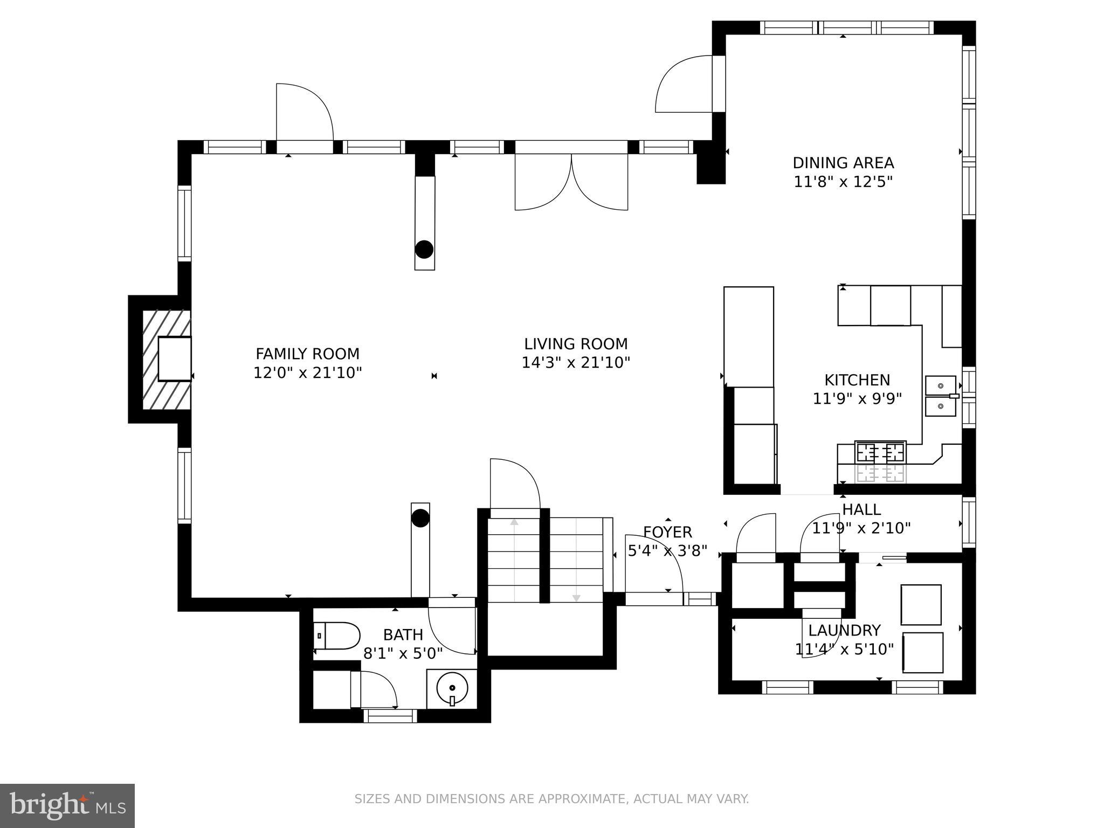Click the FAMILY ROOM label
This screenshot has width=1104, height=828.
coord(307,354)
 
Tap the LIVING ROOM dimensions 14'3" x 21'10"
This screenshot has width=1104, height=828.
coord(576,362)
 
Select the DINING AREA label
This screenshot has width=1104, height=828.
coord(843,163)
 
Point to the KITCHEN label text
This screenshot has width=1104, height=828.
coord(857,380)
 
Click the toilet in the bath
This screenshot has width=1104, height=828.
coord(338,636)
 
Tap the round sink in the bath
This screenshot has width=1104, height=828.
coord(452,688)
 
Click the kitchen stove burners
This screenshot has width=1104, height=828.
coord(880,452)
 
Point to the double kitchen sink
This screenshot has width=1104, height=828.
coord(941,396)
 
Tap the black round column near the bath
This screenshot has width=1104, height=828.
coord(420,518)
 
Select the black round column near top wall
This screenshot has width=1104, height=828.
coord(424,250)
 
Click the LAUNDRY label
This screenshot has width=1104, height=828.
coord(844,630)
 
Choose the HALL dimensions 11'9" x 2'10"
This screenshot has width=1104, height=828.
coord(861,528)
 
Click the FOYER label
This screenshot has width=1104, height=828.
coord(667,532)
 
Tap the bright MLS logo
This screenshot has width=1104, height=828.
coord(67,806)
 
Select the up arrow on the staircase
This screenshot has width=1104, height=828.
coord(514,522)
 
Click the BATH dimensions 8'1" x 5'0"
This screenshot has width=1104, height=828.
coord(403,653)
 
